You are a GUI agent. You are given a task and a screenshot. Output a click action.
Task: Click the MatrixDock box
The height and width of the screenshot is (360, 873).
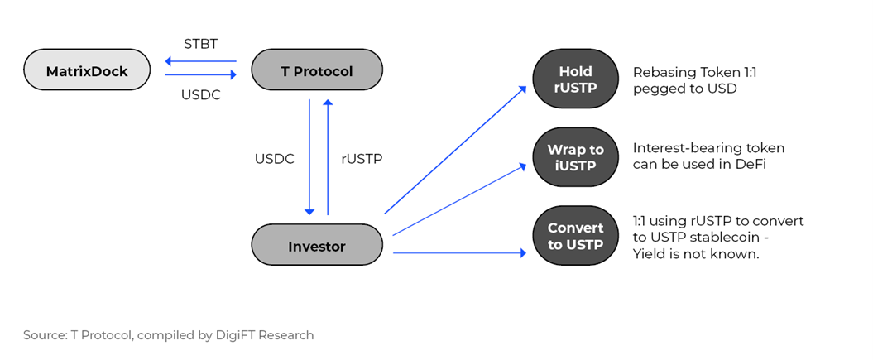coord(87,71)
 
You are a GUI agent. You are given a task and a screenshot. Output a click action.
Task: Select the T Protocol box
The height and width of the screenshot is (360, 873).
coord(317,71)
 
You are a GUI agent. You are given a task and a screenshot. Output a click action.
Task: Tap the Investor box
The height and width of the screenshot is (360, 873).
coord(317,246)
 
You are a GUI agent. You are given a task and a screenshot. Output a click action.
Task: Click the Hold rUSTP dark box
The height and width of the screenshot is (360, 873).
coord(576,79)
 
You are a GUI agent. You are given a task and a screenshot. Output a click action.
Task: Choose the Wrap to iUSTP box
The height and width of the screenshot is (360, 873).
coord(576,157)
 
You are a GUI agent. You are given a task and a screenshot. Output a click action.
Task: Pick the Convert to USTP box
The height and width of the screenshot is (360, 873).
coord(576,236)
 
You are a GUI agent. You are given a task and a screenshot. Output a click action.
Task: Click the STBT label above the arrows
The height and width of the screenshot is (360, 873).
coord(200,45)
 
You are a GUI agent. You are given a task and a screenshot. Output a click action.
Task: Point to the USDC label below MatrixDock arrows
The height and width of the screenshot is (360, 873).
coord(200,95)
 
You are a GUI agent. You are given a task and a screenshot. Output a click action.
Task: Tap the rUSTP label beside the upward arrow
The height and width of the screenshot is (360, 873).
coord(362,159)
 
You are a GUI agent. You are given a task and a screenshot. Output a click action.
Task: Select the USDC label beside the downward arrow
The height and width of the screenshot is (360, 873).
coord(275,159)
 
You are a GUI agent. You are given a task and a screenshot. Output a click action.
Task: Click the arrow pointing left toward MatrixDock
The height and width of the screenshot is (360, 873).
coord(201,61)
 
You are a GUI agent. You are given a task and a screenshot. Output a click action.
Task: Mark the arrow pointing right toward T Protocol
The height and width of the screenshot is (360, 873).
coord(201,74)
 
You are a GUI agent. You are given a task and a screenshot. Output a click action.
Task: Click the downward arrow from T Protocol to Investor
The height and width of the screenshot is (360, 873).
coord(309,157)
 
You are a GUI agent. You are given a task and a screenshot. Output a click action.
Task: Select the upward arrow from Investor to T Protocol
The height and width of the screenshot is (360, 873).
coord(328,157)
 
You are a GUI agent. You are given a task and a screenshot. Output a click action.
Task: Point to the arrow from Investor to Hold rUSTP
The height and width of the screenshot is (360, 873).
coord(455,150)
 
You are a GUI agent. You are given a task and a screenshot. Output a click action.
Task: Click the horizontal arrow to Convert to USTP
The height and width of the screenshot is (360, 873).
coord(460,253)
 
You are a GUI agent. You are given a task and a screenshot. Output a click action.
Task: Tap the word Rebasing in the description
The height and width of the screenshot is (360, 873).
coord(661,72)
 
